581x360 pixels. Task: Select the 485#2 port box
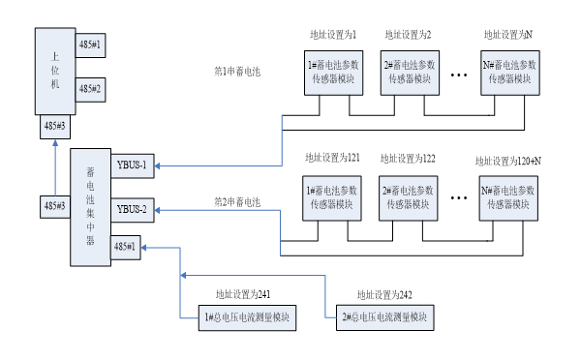(90, 88)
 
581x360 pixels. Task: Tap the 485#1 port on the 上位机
(90, 45)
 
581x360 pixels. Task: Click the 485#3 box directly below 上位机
(55, 126)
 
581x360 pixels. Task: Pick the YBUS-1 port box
(131, 165)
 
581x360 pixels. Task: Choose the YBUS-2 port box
(131, 209)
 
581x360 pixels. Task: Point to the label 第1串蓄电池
(237, 72)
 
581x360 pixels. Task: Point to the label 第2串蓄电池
(237, 202)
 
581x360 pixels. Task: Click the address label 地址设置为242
(389, 293)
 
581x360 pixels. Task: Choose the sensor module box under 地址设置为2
(408, 70)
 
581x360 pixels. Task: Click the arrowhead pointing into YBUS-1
(158, 165)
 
